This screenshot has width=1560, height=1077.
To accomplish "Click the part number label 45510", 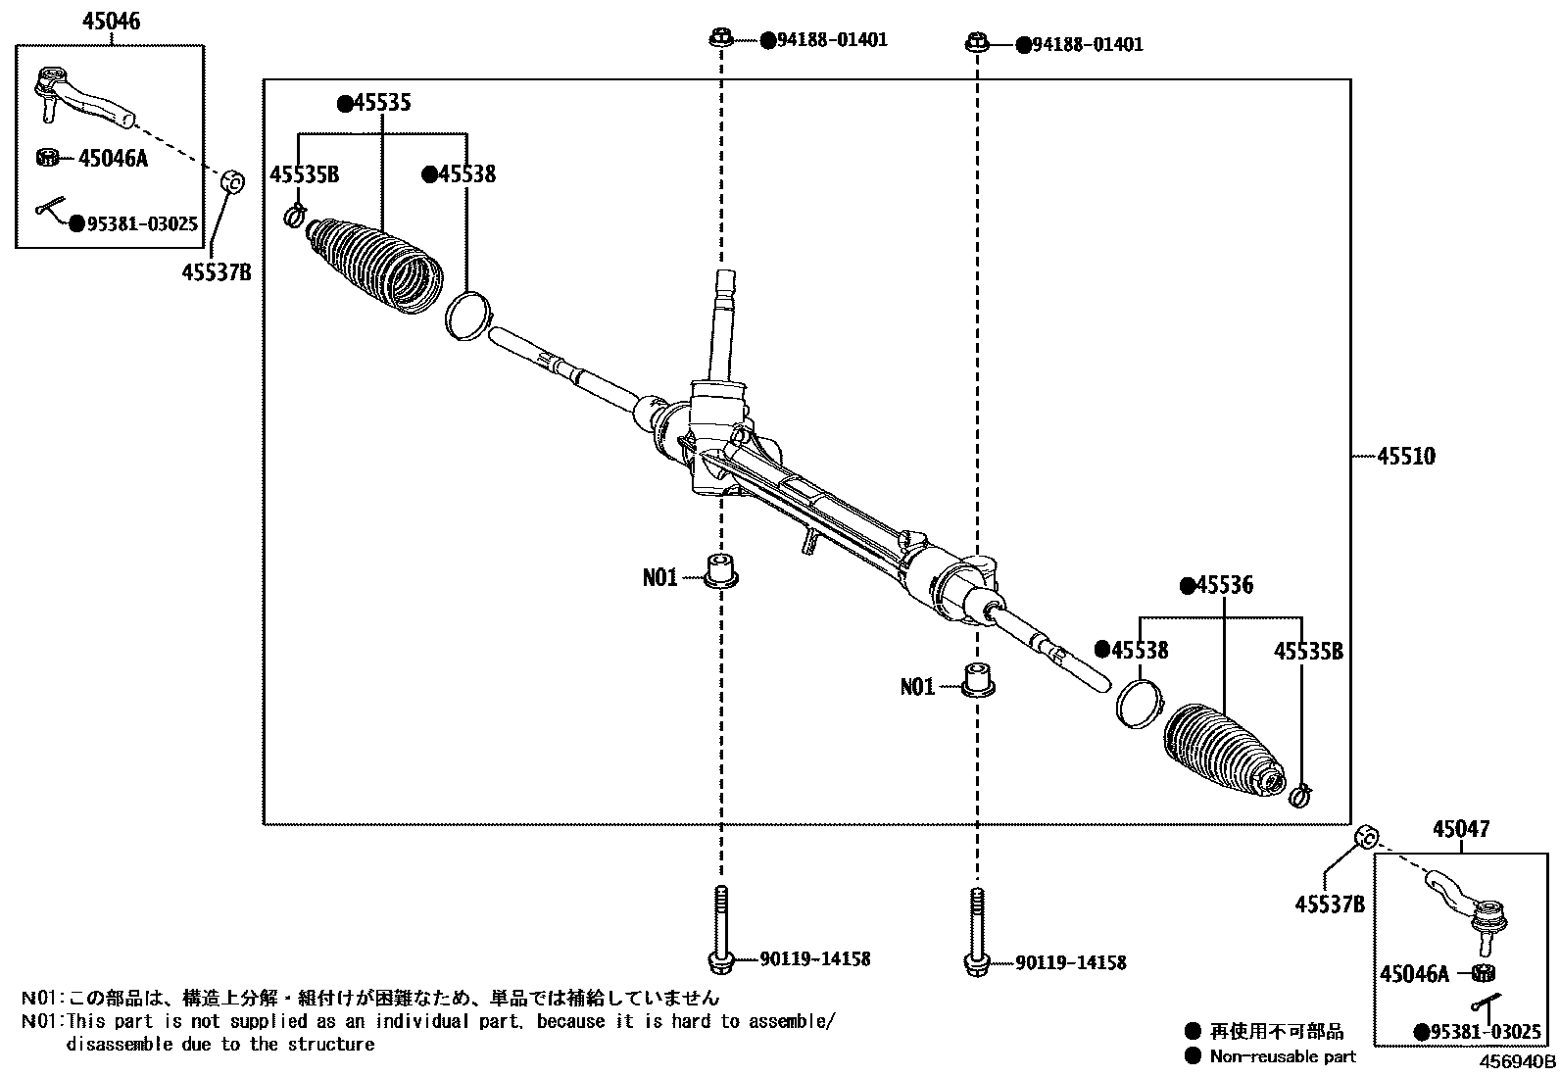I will click(x=1406, y=456).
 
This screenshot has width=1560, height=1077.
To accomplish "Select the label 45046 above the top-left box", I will click(x=112, y=21).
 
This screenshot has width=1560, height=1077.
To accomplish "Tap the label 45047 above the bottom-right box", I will click(x=1460, y=830).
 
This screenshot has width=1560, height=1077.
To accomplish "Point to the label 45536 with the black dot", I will click(x=1224, y=586).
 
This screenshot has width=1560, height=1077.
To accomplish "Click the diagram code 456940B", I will click(x=1517, y=1061).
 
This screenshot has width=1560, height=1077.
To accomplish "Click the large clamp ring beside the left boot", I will click(x=467, y=314).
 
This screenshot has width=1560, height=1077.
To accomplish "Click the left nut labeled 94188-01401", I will click(x=720, y=39).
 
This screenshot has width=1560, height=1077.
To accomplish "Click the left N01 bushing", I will click(x=722, y=569).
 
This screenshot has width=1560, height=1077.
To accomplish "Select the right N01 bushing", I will click(x=977, y=679).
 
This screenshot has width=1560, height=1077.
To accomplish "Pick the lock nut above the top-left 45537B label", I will click(x=231, y=182).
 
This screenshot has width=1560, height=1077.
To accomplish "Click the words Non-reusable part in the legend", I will click(x=1283, y=1056).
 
